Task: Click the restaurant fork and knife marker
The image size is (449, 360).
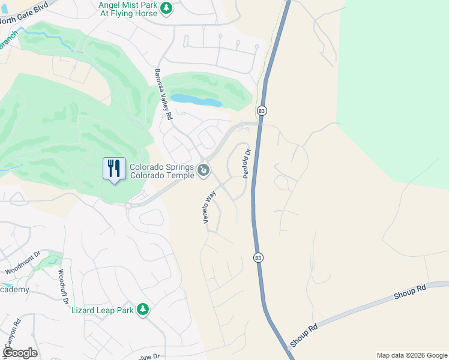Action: tap(114, 168)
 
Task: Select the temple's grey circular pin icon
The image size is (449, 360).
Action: tap(204, 171)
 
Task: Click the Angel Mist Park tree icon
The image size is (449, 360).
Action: tap(167, 8)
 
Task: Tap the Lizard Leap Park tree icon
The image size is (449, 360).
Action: tap(143, 309)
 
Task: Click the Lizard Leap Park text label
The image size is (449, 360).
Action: tap(102, 310)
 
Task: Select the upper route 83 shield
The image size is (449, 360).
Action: tap(262, 111)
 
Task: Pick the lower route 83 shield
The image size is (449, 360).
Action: tap(258, 257)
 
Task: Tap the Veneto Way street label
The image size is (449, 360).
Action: tap(209, 208)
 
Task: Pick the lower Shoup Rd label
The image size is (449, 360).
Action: tap(303, 335)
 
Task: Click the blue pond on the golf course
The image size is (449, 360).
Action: tap(196, 100)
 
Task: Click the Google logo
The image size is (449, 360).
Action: tap(20, 353)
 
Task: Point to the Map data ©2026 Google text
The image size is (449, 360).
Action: tap(412, 355)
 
